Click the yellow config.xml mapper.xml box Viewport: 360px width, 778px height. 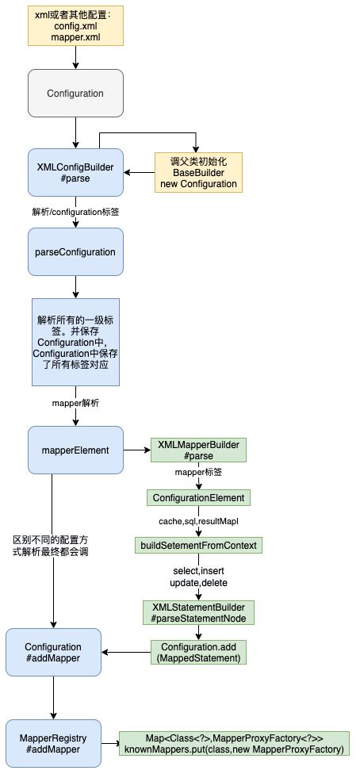[x=75, y=25]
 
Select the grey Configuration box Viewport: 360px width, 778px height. [x=75, y=94]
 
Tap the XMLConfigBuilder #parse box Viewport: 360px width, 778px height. [x=75, y=172]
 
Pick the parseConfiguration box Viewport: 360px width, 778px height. [x=75, y=252]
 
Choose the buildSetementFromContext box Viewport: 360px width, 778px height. [x=199, y=546]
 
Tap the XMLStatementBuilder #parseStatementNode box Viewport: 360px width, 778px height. [x=199, y=611]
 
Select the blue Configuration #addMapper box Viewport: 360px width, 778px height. [x=53, y=653]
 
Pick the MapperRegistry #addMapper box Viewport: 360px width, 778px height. [x=53, y=744]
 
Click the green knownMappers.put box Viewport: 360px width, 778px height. [x=234, y=744]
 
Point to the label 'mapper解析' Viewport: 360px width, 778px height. [x=75, y=403]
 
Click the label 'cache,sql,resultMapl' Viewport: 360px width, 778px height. [x=199, y=521]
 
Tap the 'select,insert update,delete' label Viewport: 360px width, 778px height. [x=199, y=576]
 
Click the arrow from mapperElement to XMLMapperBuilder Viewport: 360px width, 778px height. [x=136, y=450]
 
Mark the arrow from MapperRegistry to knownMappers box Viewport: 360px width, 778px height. [x=110, y=744]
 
